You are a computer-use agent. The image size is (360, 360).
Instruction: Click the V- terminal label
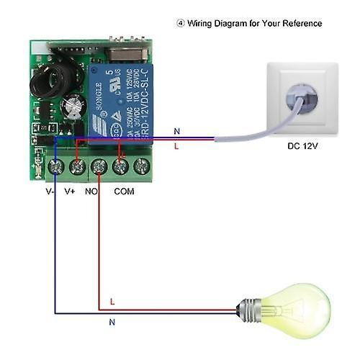point(50,192)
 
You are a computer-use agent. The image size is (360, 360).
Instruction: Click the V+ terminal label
point(70,192)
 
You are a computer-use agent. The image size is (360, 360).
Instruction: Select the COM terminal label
point(124,192)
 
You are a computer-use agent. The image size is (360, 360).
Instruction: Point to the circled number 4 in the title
point(181,23)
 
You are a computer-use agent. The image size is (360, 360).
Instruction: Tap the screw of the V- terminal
point(55,167)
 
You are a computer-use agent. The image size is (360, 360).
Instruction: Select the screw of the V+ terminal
point(76,167)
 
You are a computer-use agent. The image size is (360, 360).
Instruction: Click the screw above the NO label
point(99,167)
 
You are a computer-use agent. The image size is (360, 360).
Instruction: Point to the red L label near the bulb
point(112,300)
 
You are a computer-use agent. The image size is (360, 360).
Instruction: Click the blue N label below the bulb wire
point(112,323)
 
